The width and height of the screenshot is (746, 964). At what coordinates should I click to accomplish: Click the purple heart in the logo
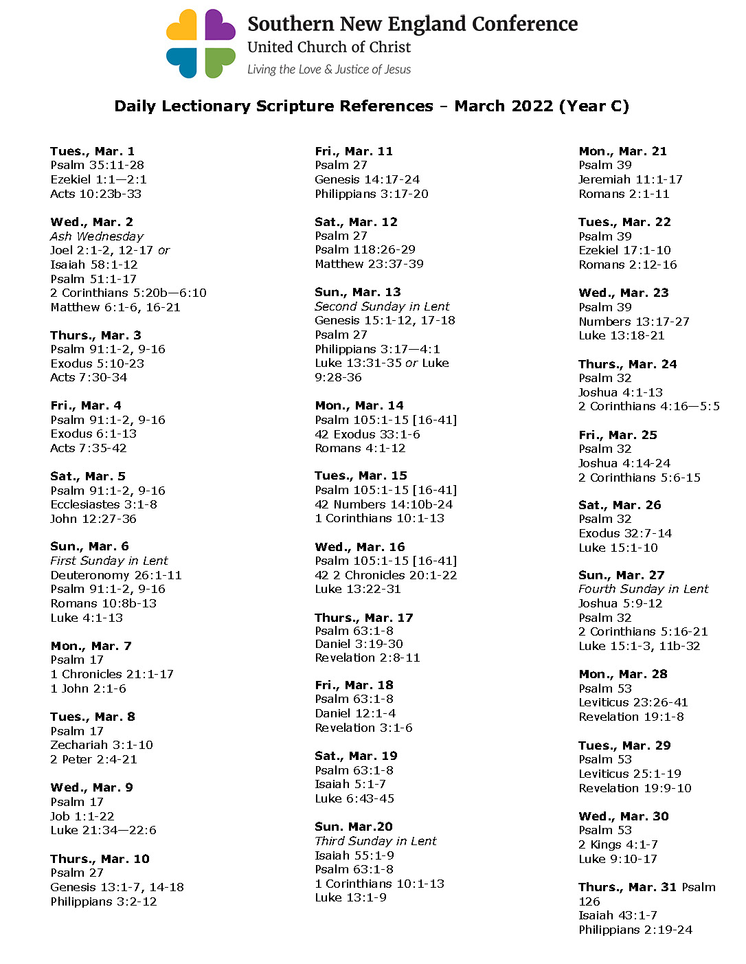[x=219, y=25]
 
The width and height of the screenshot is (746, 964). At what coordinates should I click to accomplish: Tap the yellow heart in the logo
[x=182, y=25]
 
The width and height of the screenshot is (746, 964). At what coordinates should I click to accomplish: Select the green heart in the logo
[x=219, y=62]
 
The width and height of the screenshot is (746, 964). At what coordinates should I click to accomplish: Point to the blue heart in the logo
[x=182, y=62]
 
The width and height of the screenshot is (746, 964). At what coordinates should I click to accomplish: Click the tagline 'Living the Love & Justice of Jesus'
[x=329, y=69]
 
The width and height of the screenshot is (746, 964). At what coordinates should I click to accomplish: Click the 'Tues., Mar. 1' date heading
[x=92, y=151]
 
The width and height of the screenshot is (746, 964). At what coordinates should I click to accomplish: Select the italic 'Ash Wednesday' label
[x=97, y=236]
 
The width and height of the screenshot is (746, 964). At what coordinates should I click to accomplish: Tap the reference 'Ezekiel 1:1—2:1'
[x=98, y=179]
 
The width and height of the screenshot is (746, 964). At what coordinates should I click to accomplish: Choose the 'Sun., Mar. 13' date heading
[x=357, y=292]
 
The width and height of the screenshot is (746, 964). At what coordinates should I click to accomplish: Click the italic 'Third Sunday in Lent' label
[x=375, y=841]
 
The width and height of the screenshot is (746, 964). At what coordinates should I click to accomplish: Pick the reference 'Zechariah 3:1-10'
[x=102, y=745]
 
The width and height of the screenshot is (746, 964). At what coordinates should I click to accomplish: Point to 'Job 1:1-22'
[x=82, y=816]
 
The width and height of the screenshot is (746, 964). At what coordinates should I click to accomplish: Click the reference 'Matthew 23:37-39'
[x=369, y=264]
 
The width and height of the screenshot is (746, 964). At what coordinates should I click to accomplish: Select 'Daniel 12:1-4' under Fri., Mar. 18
[x=355, y=713]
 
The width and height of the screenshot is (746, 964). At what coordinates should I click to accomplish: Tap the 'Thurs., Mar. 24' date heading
[x=627, y=364]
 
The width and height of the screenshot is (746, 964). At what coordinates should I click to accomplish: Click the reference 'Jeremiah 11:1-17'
[x=630, y=179]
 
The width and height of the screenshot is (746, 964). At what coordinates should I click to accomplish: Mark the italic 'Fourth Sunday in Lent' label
[x=643, y=589]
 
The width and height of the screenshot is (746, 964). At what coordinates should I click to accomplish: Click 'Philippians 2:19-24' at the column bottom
[x=635, y=930]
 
